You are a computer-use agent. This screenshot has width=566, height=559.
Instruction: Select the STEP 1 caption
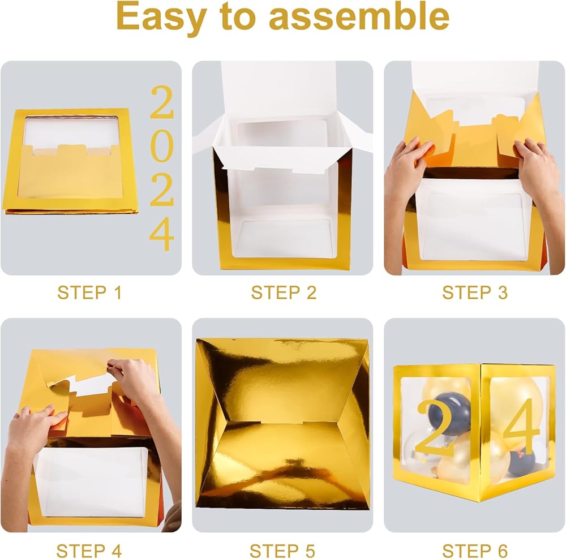tap(89, 293)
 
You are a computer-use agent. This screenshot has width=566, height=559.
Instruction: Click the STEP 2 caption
tap(284, 293)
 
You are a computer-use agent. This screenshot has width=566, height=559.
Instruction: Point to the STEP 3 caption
tap(475, 293)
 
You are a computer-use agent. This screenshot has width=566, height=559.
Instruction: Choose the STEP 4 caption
tap(89, 551)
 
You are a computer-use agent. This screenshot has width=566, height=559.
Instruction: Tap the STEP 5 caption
tap(282, 551)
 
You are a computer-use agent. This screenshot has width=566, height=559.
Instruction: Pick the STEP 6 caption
tap(475, 551)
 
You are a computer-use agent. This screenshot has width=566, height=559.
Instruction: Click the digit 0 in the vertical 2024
tap(162, 148)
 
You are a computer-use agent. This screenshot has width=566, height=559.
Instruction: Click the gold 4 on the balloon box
tap(522, 426)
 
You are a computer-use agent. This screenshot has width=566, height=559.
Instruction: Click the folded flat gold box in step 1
tap(70, 161)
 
